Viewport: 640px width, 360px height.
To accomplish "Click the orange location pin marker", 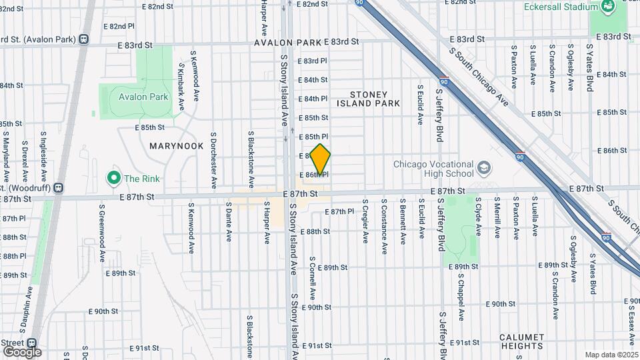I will coord(321,161).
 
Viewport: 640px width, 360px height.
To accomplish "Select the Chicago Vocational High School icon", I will coord(485,169).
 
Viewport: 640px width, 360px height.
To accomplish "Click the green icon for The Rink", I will coord(113,178).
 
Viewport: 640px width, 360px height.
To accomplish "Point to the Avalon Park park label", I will coord(143,97).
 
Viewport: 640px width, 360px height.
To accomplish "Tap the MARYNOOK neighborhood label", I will coord(176,145).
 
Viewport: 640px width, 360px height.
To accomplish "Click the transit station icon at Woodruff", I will coord(59,189).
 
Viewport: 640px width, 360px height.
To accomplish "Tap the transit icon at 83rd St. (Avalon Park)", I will coord(84,39).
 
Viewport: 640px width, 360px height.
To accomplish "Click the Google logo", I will coord(21,351).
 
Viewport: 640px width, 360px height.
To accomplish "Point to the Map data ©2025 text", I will coord(611,355).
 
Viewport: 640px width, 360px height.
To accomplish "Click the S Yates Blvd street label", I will coord(590,68).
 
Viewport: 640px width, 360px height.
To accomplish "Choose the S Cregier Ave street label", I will coord(365,222).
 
